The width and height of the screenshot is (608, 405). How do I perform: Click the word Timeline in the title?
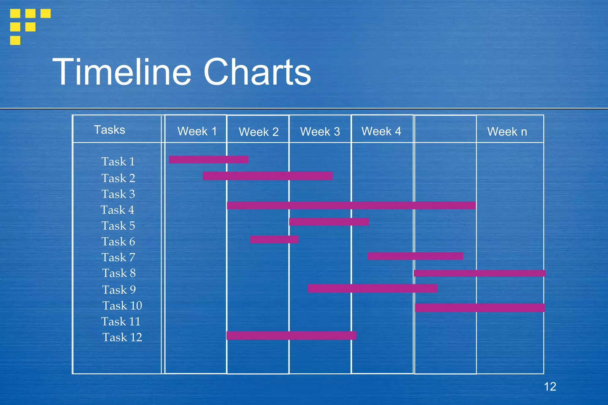coord(122,72)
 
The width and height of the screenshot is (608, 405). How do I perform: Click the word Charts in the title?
coord(257,72)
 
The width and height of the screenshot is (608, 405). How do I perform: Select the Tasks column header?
coord(110,130)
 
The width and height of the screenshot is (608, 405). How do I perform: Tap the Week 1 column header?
coord(197,131)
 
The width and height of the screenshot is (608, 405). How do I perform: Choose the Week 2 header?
coord(259,132)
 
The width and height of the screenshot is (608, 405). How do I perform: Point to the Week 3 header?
coord(320,131)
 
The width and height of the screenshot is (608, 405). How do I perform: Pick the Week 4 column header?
coord(381,131)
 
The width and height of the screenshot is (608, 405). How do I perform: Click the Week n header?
coord(507,131)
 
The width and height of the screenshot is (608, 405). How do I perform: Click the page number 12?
coord(550,387)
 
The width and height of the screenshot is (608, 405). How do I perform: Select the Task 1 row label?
coord(118,162)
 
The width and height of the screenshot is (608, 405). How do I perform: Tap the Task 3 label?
coord(118,194)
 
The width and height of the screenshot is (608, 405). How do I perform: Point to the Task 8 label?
coord(119,273)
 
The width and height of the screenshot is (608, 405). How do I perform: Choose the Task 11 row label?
coord(121,321)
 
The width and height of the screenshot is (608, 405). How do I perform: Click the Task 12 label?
coord(122,337)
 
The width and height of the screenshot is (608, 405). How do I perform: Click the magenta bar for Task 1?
coord(208,160)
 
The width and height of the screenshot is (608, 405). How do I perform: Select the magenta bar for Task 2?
coord(267,176)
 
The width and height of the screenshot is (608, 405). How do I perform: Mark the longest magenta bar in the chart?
coord(351,205)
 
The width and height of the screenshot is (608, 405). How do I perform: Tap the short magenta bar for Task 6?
coord(274,239)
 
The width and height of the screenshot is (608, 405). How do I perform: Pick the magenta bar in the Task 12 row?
coord(291,336)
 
